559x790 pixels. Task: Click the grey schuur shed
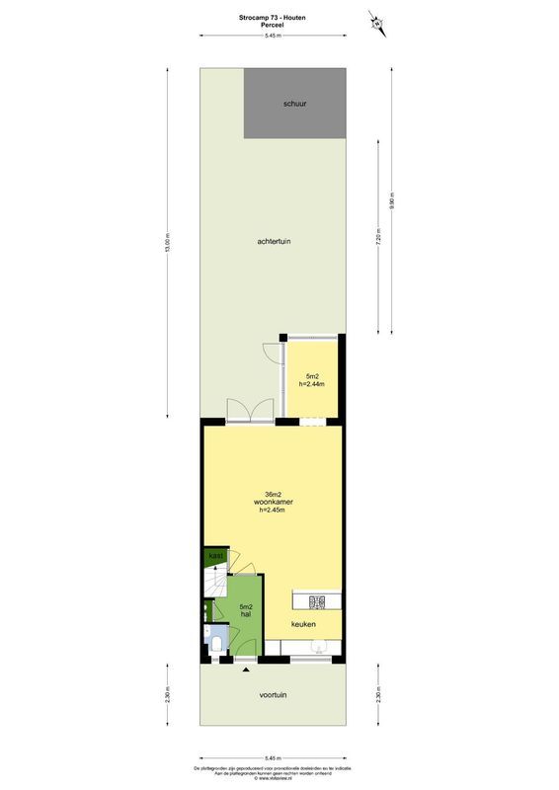tap(295, 103)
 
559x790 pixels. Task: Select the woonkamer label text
tap(273, 502)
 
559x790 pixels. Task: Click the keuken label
tap(303, 624)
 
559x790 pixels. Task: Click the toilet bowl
tap(216, 646)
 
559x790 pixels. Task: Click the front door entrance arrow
tap(246, 671)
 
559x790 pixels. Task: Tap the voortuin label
tap(273, 694)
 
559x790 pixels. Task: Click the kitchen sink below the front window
tap(316, 647)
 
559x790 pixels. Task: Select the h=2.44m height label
tap(312, 384)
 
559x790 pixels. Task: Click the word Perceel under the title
tap(272, 26)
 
